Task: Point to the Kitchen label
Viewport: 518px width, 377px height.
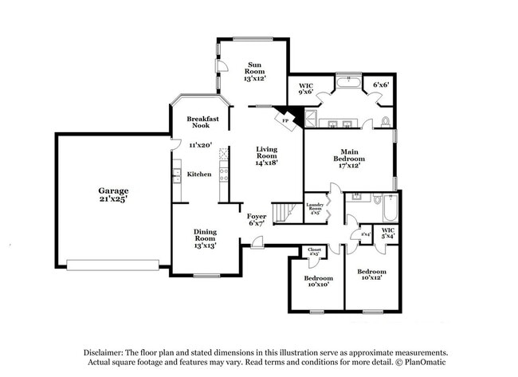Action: coord(198,174)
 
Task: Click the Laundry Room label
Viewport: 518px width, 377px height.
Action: coord(314,209)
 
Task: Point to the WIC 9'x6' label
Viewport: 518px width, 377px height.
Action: coord(306,88)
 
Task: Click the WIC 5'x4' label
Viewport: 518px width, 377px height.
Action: coord(387,234)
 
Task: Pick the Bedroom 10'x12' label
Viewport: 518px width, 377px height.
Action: coord(371,275)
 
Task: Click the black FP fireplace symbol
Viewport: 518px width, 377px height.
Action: coord(285,118)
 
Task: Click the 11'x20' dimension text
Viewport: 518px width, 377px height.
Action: coord(199,145)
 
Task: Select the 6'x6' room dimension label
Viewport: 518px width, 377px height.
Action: coord(381,84)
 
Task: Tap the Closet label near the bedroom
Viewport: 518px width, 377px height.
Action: coord(314,252)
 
